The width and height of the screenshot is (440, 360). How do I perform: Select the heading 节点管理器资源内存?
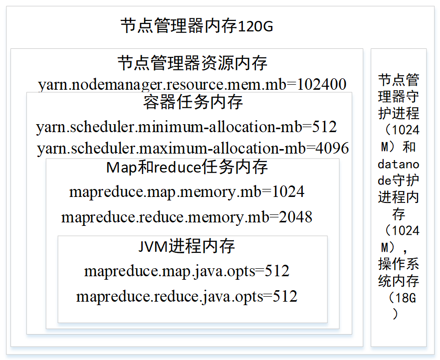click(192, 63)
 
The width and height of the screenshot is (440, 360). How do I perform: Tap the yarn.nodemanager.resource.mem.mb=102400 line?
click(192, 84)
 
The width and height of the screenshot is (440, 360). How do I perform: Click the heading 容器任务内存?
click(193, 103)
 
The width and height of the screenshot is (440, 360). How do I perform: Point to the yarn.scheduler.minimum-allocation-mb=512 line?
click(187, 127)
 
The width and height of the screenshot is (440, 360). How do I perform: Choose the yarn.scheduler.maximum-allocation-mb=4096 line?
click(193, 149)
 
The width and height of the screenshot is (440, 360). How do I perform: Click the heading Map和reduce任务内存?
click(187, 168)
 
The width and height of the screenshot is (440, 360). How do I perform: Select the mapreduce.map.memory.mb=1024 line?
click(187, 192)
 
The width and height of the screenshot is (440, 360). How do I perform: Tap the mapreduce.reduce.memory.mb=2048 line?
click(187, 217)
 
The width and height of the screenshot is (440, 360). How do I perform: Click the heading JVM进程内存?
click(187, 246)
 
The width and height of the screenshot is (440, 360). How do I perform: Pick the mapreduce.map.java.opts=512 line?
click(187, 271)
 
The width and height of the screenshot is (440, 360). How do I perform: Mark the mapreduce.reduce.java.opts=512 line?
click(187, 297)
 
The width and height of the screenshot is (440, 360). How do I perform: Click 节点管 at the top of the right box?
click(398, 80)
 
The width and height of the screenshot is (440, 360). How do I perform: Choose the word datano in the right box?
click(398, 164)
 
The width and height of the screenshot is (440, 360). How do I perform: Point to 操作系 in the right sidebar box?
click(398, 264)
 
